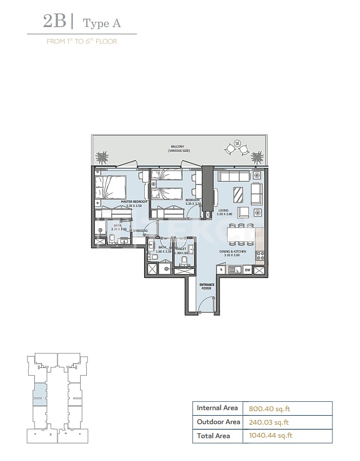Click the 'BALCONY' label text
(x=179, y=147)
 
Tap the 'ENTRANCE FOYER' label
(x=207, y=286)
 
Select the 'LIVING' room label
(x=224, y=210)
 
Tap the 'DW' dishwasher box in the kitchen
(x=247, y=270)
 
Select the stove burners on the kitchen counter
(x=260, y=255)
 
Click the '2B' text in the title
(x=54, y=22)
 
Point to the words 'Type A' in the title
(x=103, y=23)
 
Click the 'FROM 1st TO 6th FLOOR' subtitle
(x=82, y=41)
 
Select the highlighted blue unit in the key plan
(x=38, y=394)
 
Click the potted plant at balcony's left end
(x=102, y=157)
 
